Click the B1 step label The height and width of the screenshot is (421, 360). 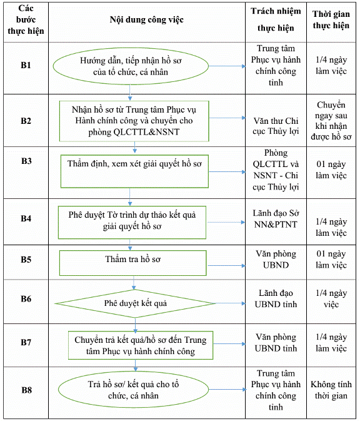(26, 65)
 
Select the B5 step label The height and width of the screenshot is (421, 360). (26, 260)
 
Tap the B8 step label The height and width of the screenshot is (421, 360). (26, 390)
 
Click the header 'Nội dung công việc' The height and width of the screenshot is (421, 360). (146, 19)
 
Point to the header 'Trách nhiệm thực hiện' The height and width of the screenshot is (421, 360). (276, 19)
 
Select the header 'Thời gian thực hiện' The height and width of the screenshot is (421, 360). (331, 19)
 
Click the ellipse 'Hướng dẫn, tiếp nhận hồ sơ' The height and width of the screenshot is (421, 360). (131, 66)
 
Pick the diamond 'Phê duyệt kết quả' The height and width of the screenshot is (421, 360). (135, 303)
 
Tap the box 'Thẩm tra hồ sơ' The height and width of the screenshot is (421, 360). (132, 263)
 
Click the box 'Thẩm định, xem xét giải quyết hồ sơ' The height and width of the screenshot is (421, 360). (134, 171)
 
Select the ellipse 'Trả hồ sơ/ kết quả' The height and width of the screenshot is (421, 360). (133, 390)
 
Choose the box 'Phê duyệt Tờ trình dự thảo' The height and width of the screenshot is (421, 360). (132, 222)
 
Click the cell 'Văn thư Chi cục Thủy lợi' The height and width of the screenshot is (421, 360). (276, 126)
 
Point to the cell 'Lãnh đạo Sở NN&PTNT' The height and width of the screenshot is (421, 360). (276, 218)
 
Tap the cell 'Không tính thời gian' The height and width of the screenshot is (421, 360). (331, 390)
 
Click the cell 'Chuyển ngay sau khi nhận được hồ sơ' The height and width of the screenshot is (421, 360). (331, 121)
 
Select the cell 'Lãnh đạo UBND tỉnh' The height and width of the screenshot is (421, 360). (276, 298)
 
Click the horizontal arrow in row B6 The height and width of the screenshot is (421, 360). (231, 303)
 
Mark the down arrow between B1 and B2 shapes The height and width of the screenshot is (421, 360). (130, 93)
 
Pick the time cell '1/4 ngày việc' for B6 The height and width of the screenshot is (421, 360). (331, 298)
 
